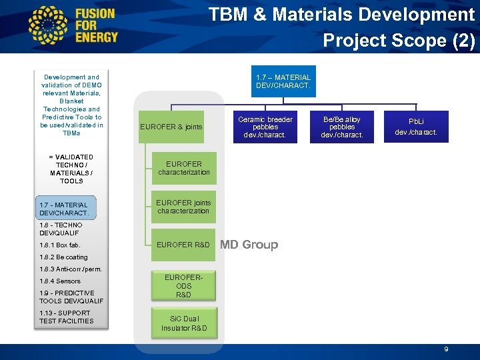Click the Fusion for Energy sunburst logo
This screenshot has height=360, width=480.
(x=49, y=25)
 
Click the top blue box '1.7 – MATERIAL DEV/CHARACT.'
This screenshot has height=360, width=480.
(x=283, y=81)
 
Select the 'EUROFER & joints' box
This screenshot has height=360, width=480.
(x=171, y=127)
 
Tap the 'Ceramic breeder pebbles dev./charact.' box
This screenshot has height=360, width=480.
(x=265, y=127)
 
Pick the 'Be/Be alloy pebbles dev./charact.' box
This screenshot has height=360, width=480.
(x=342, y=127)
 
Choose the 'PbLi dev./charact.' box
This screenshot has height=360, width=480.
(x=416, y=127)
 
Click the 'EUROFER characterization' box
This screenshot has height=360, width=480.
(x=183, y=168)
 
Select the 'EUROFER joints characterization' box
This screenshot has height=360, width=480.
(x=183, y=207)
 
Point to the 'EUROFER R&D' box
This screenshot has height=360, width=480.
(x=183, y=245)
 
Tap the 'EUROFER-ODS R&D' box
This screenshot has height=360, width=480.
(x=183, y=285)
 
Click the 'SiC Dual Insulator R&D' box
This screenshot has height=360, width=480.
(x=183, y=323)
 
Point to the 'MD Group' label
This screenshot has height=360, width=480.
(x=249, y=245)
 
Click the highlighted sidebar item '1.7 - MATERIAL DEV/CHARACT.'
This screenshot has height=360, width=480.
(x=64, y=209)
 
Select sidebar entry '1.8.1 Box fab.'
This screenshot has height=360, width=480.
(x=59, y=245)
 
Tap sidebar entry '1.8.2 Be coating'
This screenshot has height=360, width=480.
(x=63, y=257)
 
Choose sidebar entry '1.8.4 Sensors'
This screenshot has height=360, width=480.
(x=60, y=281)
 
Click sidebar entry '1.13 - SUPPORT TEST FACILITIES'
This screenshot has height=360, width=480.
(x=67, y=317)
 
